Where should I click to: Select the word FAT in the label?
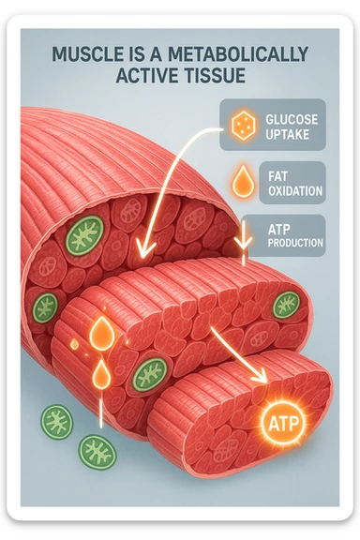(277, 175)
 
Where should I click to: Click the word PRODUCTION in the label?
(295, 243)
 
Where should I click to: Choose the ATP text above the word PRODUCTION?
(279, 229)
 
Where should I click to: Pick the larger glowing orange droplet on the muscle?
(100, 336)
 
